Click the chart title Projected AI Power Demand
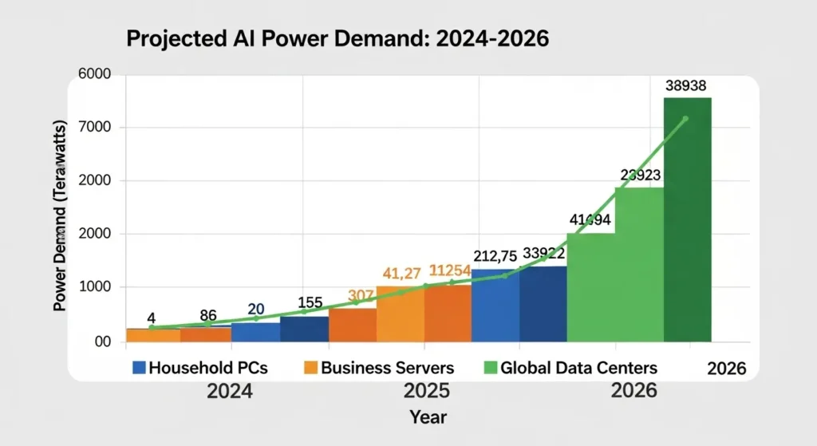[336, 40]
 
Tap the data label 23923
[639, 175]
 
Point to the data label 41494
[590, 221]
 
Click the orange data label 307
[361, 296]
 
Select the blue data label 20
[255, 309]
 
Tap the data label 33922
[544, 254]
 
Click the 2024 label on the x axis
[231, 391]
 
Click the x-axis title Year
[428, 416]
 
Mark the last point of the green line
[685, 119]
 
